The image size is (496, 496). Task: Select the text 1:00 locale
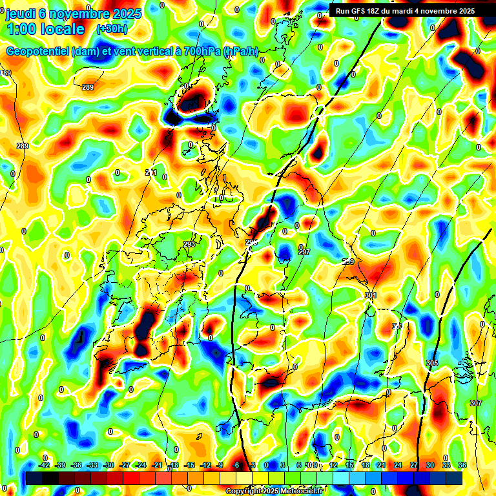coord(46,29)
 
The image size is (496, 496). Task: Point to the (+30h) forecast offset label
coord(112,28)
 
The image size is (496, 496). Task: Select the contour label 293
coord(189,244)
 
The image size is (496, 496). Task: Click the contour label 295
coord(251,242)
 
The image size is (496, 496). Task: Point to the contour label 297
coord(304,251)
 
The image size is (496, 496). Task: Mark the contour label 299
coord(348,262)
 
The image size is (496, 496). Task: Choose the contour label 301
coord(370,295)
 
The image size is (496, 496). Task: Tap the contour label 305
coord(432,364)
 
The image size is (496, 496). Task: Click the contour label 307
coord(476,403)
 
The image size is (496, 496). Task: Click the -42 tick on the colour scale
coord(45,465)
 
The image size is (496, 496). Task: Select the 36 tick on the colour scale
coord(462,465)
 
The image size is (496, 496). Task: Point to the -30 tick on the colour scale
coord(108,465)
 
